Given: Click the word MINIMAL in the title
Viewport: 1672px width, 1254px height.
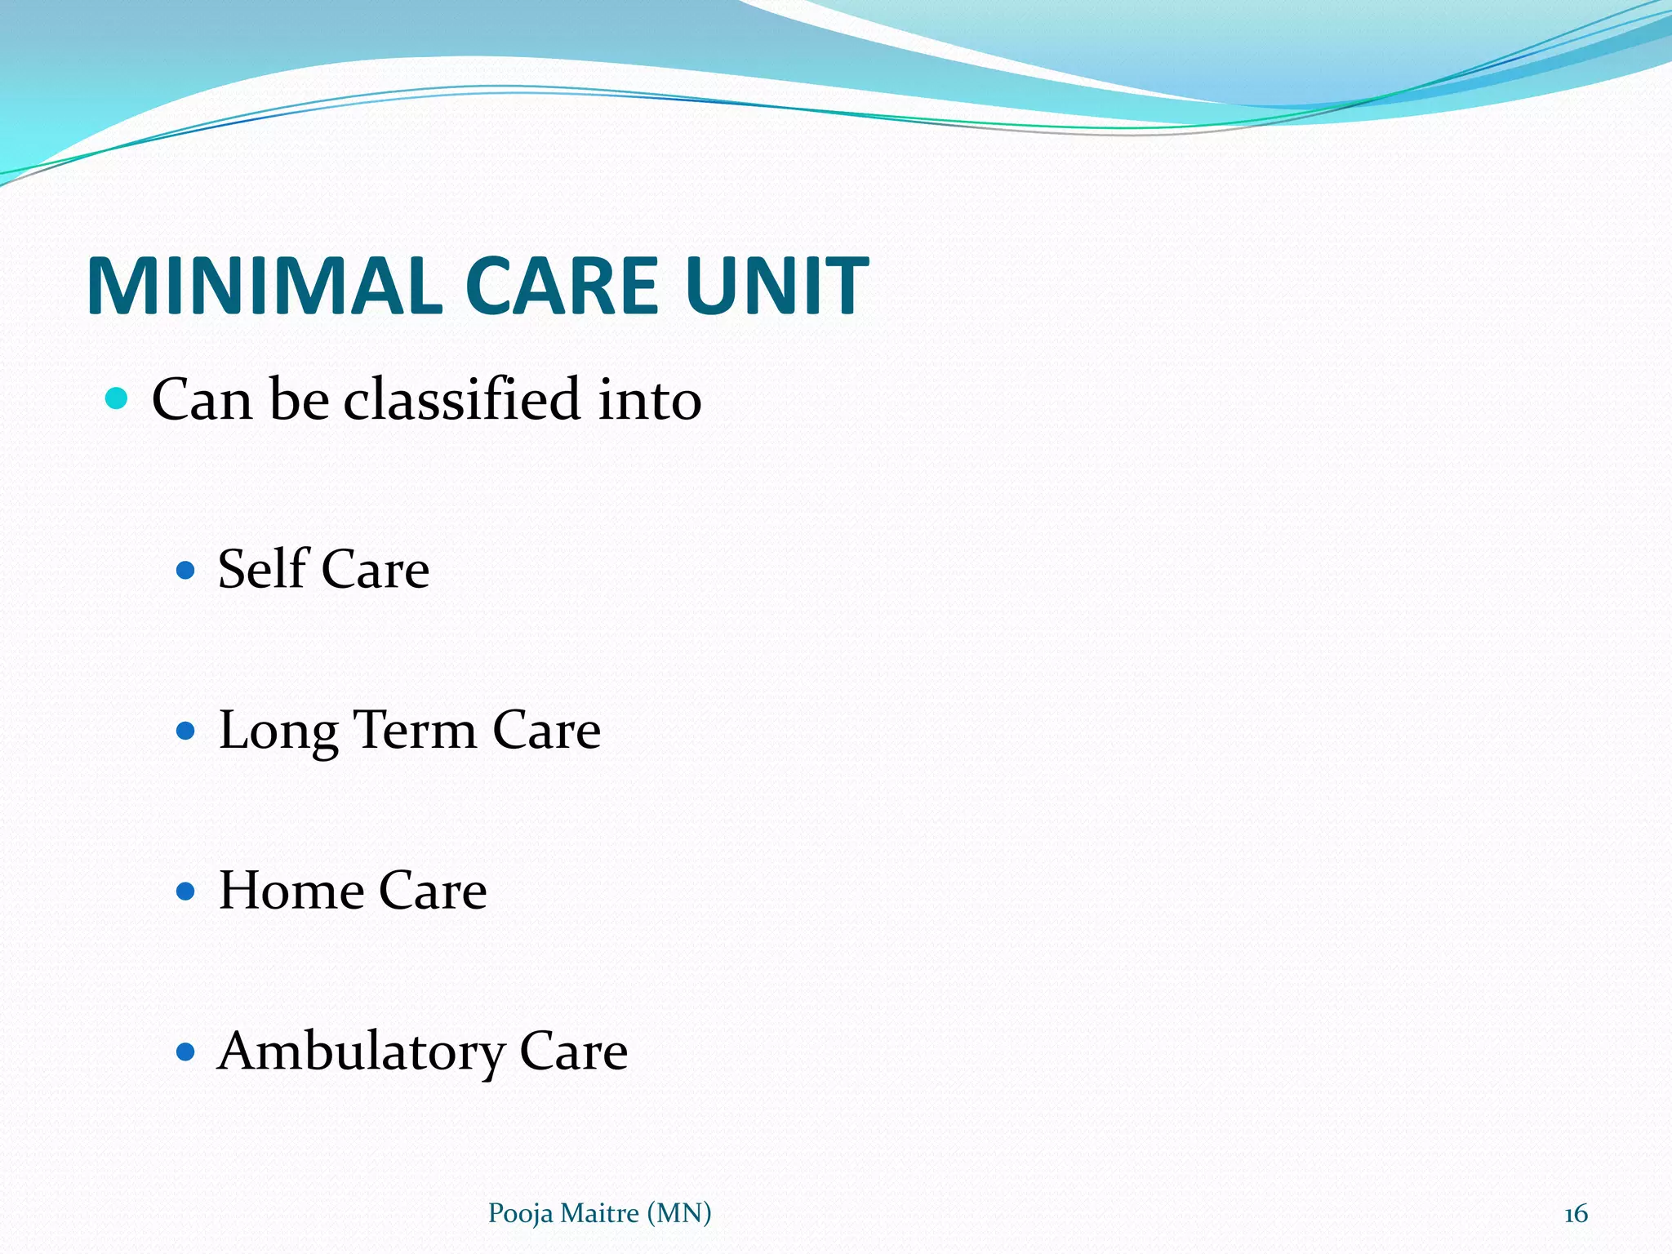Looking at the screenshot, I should [x=265, y=286].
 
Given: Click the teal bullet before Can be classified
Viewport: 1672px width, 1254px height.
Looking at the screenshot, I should [x=118, y=398].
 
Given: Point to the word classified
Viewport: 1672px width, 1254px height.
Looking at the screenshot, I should [x=461, y=399].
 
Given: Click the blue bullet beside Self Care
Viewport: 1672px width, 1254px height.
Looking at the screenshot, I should [x=186, y=569].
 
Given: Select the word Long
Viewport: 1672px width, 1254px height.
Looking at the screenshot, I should [x=278, y=731].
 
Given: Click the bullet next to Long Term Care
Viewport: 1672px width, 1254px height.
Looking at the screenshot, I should [x=186, y=729].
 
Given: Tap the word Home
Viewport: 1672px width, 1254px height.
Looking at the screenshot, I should [x=291, y=890].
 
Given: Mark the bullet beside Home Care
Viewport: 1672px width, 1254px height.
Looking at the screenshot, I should [x=186, y=890].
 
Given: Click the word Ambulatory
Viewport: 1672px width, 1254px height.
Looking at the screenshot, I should [x=361, y=1052].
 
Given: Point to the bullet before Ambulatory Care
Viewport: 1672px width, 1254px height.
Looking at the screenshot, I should [x=186, y=1051].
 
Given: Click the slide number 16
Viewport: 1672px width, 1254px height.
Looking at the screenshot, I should [x=1576, y=1214].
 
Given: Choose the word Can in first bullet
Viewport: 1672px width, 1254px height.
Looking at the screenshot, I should [x=201, y=399].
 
